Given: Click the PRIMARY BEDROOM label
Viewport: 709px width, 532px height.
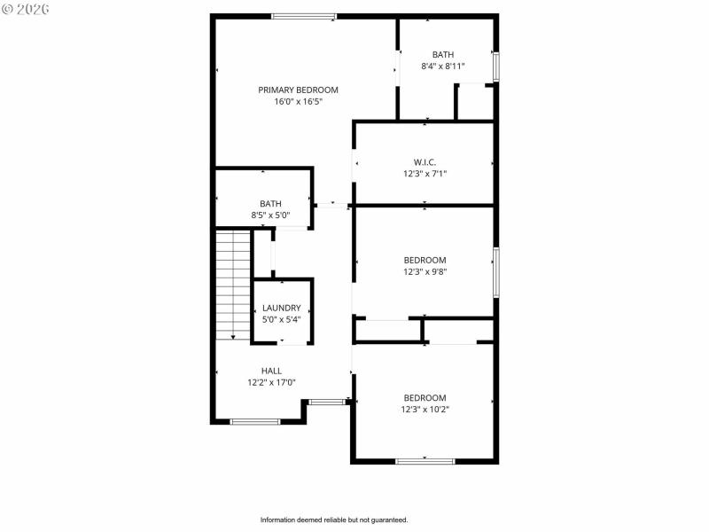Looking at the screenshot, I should [298, 90].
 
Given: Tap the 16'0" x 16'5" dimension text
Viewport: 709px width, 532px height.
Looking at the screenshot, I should [298, 101].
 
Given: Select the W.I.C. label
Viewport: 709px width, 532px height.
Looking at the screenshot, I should [425, 162].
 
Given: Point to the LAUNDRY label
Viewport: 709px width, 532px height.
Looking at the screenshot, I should [282, 308].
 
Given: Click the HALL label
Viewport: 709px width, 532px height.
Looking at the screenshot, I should [271, 371].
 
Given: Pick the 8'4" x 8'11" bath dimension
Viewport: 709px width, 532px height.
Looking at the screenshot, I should [442, 66].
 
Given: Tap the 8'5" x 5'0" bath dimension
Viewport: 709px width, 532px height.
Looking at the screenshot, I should [270, 215].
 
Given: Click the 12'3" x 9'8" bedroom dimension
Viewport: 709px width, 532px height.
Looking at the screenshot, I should [425, 271].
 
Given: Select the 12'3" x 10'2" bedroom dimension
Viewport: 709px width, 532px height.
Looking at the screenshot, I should [425, 409].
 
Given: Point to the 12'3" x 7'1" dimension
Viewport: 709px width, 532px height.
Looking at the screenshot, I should [425, 174].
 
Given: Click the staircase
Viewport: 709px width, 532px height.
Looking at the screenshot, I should [235, 284].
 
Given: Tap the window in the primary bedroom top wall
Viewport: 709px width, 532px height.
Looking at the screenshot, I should [303, 16].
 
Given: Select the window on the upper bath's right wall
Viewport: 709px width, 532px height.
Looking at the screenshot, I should [496, 66].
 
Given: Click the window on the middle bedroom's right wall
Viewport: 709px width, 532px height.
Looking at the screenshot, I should [496, 272].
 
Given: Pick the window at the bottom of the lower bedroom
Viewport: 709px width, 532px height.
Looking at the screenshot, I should [425, 460].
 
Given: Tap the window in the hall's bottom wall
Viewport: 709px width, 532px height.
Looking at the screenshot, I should [255, 421].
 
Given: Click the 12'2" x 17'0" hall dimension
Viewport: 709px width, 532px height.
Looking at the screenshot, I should [271, 382].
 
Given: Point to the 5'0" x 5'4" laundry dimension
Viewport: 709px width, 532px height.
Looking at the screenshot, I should [282, 318].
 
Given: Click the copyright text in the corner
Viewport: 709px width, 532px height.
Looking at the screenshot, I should [27, 8].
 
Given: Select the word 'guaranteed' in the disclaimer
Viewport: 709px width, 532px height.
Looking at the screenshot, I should [386, 520].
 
